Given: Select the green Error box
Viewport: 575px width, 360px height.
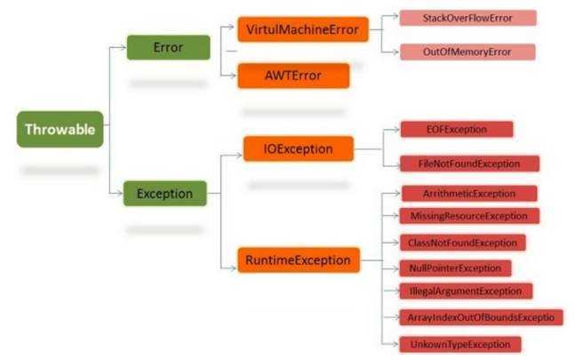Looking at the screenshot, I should tap(168, 47).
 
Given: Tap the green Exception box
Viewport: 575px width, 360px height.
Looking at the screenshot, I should tap(165, 191).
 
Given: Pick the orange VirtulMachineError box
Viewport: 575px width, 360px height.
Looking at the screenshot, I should tap(302, 29).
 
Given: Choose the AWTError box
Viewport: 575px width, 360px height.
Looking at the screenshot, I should tap(293, 76).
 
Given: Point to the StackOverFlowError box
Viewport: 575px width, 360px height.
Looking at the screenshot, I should tap(467, 18).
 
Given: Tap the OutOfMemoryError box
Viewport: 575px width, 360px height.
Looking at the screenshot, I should tap(467, 52).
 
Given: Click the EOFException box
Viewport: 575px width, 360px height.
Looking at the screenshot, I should tap(457, 130).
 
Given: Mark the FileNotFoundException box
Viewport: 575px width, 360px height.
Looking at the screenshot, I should tap(469, 164).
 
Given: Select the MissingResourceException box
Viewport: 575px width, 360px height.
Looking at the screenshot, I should tap(469, 216).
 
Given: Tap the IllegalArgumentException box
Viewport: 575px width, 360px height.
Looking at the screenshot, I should tap(466, 291).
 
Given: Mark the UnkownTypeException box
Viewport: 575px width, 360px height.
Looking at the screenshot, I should tap(459, 343).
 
